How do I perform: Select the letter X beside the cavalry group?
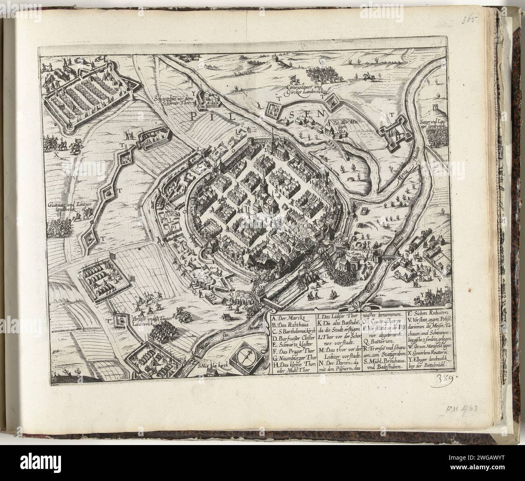pyautogui.click(x=57, y=154)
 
